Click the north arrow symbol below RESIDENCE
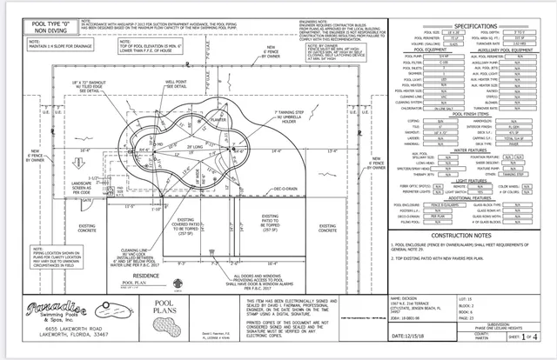point(209,287)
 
